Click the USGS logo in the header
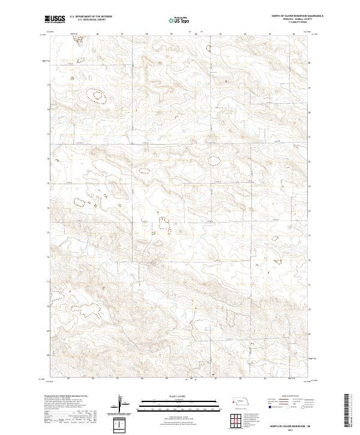point(56,20)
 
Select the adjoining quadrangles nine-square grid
point(235,420)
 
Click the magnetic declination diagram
point(121,403)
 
